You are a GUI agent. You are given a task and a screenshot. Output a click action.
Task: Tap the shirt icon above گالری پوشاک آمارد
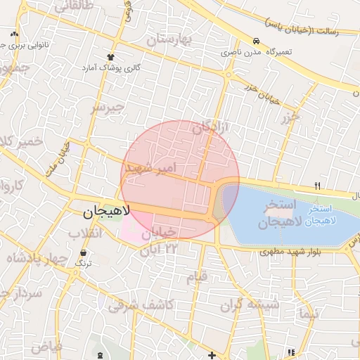[x=110, y=56]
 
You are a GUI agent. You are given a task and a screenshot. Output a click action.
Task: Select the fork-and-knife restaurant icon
[x=317, y=186]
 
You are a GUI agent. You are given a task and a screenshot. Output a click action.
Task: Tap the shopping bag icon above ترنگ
[x=84, y=252]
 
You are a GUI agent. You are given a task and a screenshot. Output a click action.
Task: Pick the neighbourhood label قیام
[x=196, y=276]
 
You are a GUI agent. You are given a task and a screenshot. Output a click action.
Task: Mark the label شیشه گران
[x=250, y=304]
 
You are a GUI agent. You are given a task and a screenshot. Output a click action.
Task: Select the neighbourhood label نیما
[x=309, y=313]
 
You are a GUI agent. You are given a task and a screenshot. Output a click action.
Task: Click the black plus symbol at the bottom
[x=212, y=355]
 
